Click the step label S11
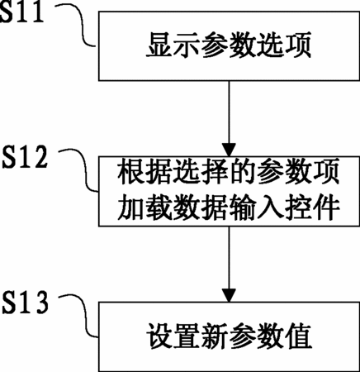21,12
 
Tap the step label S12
25,157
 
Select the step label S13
26,303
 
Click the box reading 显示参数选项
229,46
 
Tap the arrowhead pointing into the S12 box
229,150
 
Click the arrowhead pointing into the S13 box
229,295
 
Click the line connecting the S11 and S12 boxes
229,112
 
